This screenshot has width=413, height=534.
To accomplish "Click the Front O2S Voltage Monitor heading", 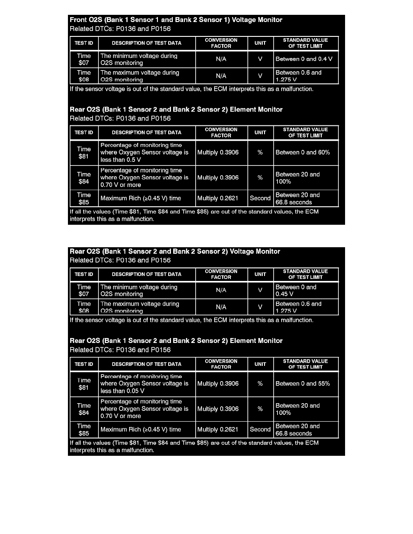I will click(176, 20).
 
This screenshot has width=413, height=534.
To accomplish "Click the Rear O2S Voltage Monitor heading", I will click(175, 252).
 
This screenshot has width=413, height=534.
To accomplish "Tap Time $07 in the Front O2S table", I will click(84, 59).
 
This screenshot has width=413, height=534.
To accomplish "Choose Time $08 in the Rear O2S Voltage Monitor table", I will click(84, 307).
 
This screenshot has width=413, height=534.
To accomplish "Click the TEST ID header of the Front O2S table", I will click(84, 43).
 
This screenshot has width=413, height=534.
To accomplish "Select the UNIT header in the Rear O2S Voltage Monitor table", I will click(260, 274).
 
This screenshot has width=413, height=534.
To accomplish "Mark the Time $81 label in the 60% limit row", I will click(84, 152).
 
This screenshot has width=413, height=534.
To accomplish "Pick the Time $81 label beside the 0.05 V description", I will click(84, 383).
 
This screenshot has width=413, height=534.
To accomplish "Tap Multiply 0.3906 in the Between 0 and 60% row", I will click(218, 152).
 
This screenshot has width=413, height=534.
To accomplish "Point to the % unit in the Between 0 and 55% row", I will click(260, 383).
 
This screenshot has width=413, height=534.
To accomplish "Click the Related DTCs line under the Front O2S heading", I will click(120, 29).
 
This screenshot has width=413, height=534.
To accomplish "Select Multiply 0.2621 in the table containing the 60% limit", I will click(218, 198).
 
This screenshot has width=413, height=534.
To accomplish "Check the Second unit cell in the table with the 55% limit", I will click(260, 429).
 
